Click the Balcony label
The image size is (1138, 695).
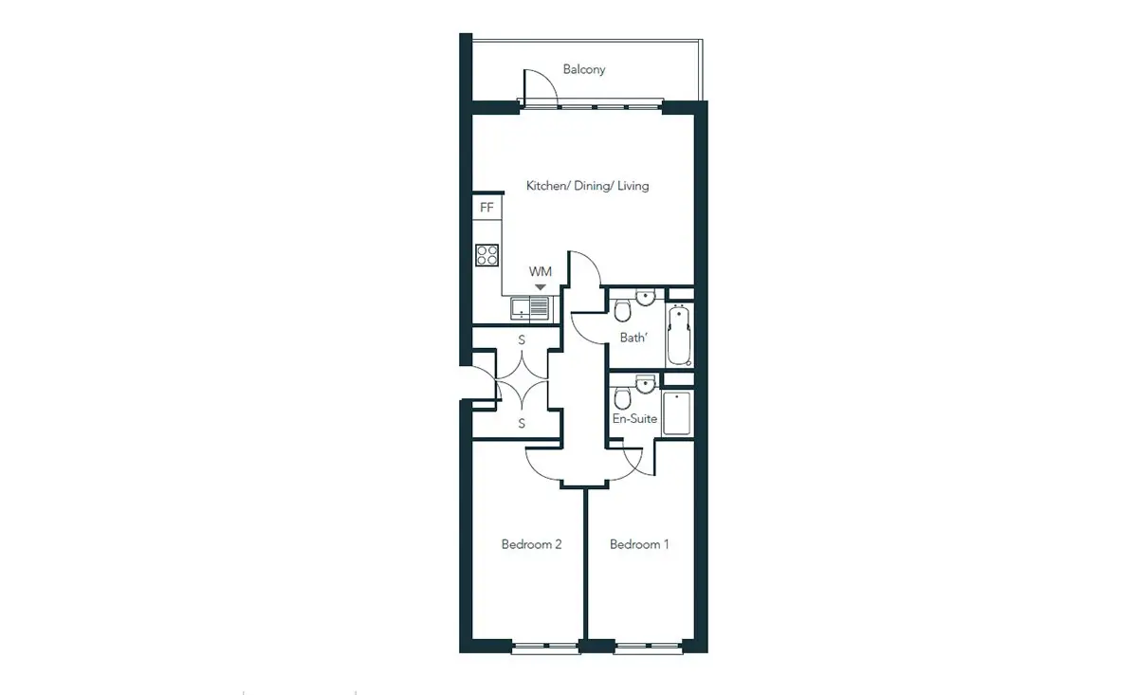coord(584,69)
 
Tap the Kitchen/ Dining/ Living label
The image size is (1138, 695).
coord(587,186)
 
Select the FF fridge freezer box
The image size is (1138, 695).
coord(486,208)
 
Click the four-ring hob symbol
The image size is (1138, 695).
coord(486,255)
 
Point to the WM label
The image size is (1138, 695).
coord(540,272)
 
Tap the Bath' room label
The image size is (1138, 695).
coord(633,338)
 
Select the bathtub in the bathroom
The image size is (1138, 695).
coord(679,335)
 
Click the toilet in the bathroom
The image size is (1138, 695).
coord(622,310)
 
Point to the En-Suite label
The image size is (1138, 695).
coord(634,419)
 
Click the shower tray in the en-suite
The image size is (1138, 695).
coord(677,413)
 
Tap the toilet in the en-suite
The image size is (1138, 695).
coord(622,398)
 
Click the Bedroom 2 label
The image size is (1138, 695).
coord(531,544)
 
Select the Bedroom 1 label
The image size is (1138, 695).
coord(639,544)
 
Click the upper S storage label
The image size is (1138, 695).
coord(522,339)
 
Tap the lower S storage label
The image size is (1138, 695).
coord(522,423)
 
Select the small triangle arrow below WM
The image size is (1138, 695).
coord(541,287)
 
